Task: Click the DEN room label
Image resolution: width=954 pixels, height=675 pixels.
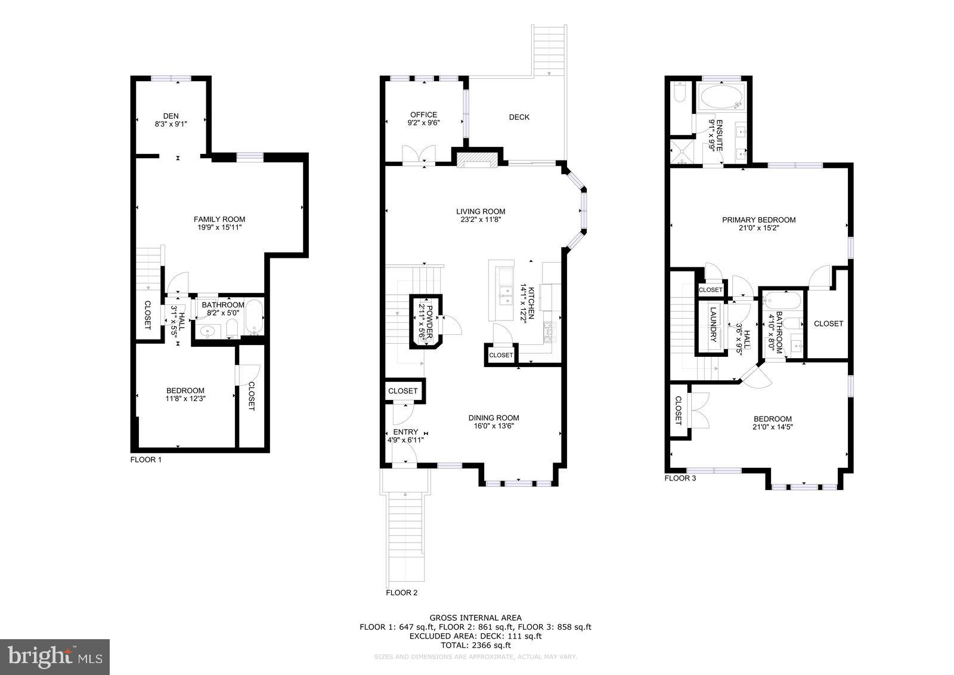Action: coord(171,116)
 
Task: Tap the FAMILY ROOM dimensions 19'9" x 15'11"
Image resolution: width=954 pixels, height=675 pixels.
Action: coord(219,227)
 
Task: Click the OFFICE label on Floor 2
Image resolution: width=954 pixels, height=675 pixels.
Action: coord(423,115)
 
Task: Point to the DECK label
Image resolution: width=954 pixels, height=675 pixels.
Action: coord(519,117)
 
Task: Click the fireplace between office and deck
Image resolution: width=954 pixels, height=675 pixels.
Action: coord(476,159)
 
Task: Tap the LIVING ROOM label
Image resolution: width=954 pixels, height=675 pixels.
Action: coord(481,211)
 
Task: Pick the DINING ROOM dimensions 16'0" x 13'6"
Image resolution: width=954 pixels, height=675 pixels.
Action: coord(494,426)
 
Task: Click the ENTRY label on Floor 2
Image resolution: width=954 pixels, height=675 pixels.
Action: coord(405,432)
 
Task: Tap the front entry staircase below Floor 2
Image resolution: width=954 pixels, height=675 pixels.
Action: coord(405,540)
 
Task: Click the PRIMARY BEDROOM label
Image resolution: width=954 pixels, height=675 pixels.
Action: coord(758,220)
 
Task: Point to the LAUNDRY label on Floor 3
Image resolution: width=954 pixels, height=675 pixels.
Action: coord(713,326)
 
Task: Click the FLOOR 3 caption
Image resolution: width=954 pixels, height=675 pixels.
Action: coord(680,478)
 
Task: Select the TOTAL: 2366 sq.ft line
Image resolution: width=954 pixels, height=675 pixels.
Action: coord(475,645)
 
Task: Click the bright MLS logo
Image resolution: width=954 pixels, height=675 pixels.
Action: coord(55,656)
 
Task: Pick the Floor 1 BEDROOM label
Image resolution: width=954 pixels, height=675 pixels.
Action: coord(185,391)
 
